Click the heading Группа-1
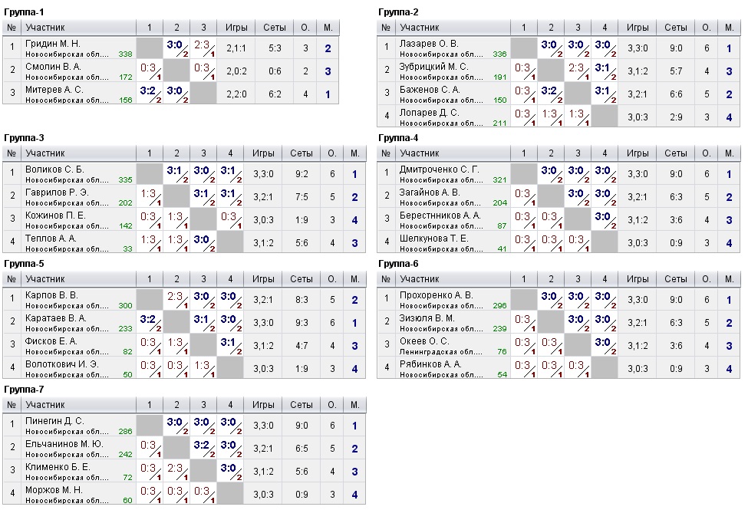click(x=25, y=12)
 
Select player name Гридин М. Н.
click(x=52, y=43)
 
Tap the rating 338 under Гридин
click(x=126, y=54)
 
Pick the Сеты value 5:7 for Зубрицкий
click(x=675, y=71)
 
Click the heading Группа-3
click(x=25, y=138)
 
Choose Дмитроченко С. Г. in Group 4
click(x=439, y=169)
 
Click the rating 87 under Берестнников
click(x=501, y=226)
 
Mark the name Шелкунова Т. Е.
click(x=433, y=239)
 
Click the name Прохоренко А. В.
click(x=437, y=295)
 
